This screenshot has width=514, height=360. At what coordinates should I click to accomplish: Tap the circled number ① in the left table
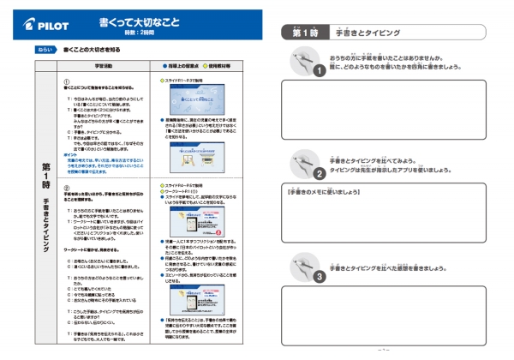(67, 81)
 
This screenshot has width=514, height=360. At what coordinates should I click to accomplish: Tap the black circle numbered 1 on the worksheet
(319, 70)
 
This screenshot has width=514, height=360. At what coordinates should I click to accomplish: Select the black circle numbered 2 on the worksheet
(319, 171)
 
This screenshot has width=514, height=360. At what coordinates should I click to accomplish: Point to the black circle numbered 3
(319, 278)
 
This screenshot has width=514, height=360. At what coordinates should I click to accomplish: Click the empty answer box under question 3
(395, 316)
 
